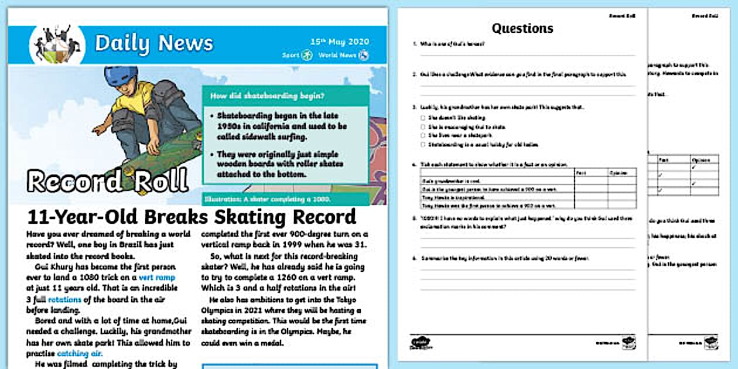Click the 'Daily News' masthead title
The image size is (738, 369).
[153, 43]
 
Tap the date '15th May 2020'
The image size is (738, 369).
[340, 42]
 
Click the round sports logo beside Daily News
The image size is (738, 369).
[57, 45]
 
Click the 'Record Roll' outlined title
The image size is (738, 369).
[108, 181]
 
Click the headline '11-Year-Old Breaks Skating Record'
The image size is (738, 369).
[192, 217]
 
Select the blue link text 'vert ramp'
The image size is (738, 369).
[157, 277]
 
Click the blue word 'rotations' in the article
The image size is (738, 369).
[64, 299]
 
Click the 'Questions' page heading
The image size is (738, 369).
[522, 28]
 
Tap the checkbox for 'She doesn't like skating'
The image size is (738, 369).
[422, 118]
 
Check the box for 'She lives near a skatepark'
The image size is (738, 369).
[422, 135]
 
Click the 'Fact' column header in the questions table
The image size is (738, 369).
[580, 173]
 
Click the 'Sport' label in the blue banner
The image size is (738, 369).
[291, 56]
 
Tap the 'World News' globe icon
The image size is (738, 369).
[364, 56]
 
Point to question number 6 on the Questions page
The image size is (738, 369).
[415, 258]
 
